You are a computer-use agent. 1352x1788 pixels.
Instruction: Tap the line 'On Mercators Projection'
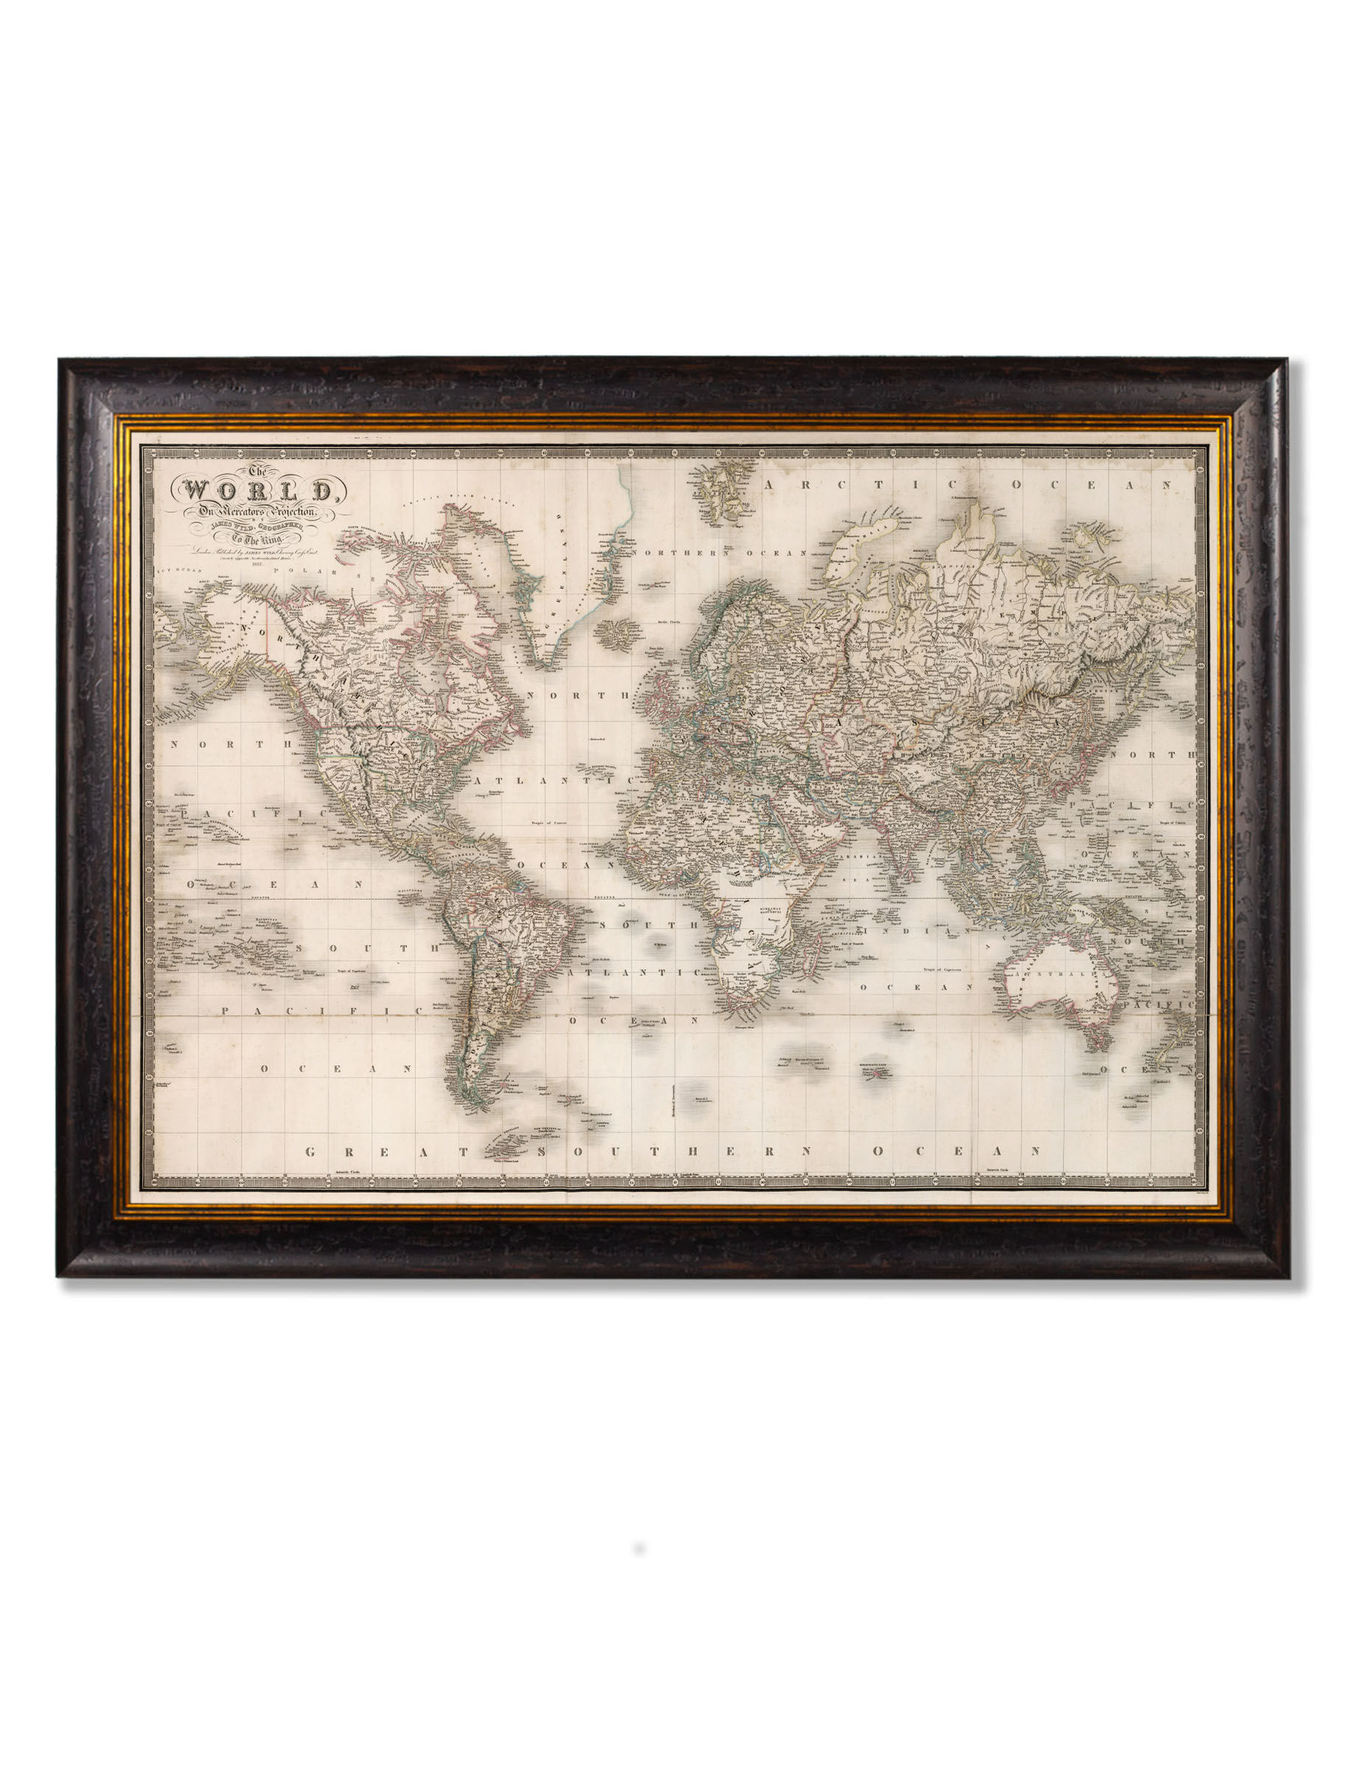click(256, 512)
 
